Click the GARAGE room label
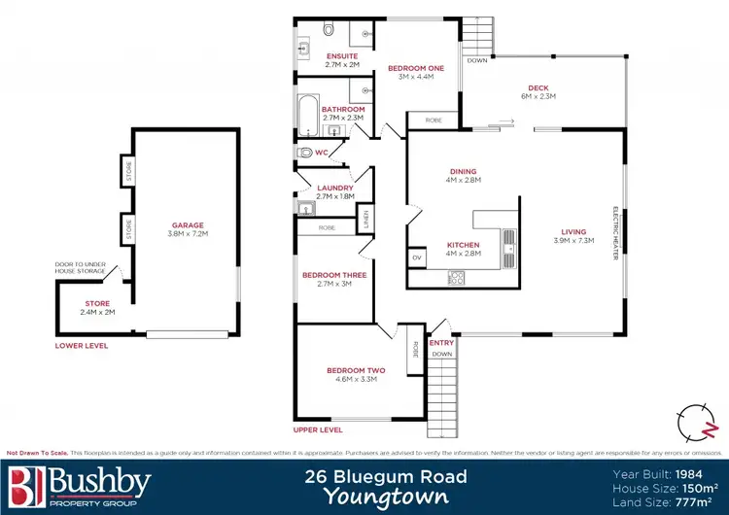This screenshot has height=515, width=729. pos(189,225)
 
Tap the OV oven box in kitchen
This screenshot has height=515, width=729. pos(418,257)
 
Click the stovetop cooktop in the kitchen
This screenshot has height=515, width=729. pos(457,278)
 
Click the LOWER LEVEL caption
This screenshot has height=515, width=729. pos(83,345)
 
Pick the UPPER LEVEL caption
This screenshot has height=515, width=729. pos(318,429)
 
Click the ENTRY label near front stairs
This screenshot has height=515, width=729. pos(441,343)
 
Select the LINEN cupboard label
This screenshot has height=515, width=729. pos(367,220)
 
